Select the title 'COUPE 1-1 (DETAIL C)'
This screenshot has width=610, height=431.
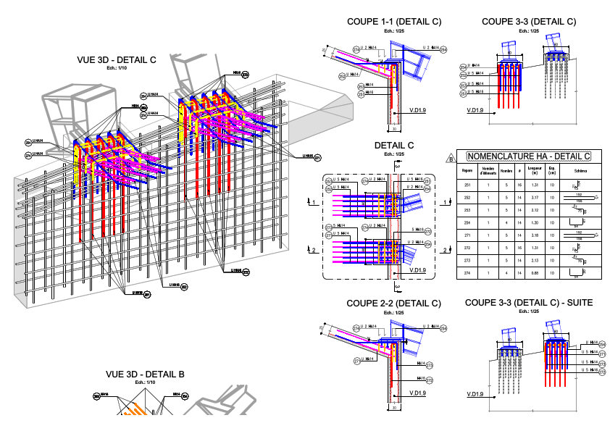point(394,22)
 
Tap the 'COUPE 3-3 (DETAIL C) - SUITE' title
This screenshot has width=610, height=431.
point(529,302)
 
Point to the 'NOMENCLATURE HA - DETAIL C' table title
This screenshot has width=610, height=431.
point(528,156)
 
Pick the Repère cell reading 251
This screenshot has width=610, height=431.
point(467,185)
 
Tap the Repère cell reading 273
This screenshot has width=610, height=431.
point(467,260)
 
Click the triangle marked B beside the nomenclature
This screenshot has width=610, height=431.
point(451,158)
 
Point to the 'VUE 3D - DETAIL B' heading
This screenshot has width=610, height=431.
point(145,374)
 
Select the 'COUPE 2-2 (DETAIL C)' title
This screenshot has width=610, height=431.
point(393,303)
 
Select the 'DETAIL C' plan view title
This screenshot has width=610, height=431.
point(394,146)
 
